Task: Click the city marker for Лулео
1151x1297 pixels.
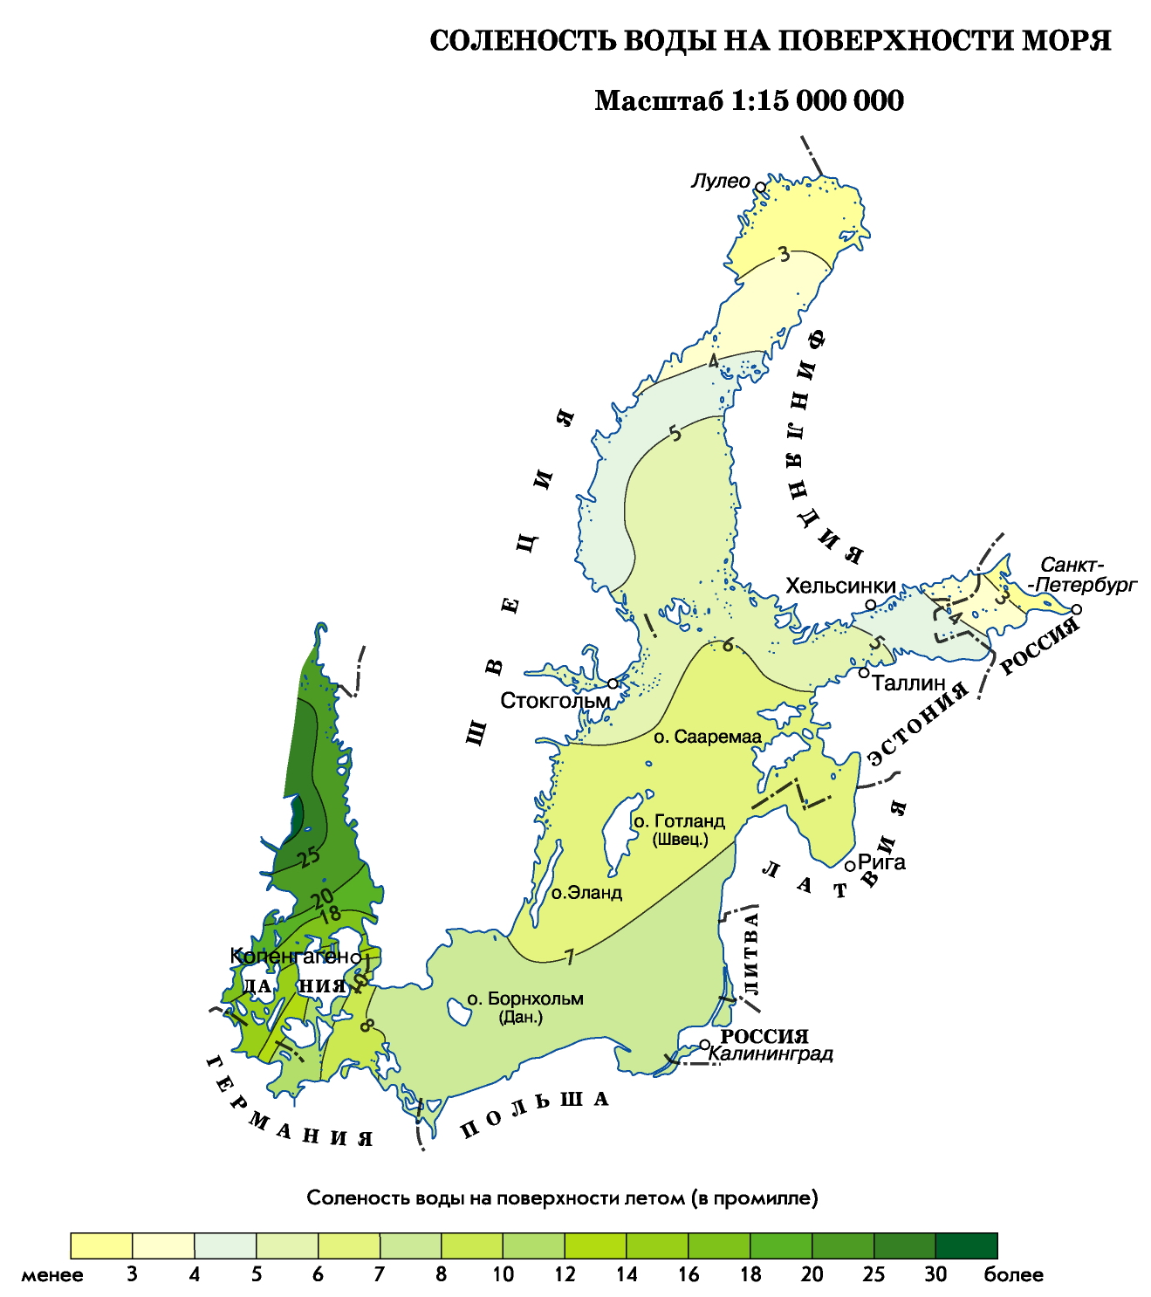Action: coord(760,187)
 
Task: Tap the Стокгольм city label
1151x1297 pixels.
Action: coord(555,701)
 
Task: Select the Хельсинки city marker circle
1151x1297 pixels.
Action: coord(870,605)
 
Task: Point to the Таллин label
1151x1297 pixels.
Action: coord(909,683)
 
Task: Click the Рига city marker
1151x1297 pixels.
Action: coord(850,865)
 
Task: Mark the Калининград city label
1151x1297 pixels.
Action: coord(771,1053)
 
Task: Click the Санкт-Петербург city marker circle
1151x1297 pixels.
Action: coord(1077,609)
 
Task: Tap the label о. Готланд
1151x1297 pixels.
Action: coord(679,821)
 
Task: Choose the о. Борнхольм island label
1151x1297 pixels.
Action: coord(524,998)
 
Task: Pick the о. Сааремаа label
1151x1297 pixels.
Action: coord(708,737)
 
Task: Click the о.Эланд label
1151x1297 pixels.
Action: coord(586,893)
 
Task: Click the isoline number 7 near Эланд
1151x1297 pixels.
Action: coord(569,957)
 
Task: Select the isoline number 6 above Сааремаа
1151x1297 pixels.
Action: coord(728,645)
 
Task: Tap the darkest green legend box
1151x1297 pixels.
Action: coord(966,1246)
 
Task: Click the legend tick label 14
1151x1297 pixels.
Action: coord(627,1274)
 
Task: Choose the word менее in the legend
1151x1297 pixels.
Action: coord(52,1274)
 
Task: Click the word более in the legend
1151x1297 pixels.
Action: coord(1013,1274)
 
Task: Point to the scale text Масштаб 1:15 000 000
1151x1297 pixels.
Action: coord(749,101)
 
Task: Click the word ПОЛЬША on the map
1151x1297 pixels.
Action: coord(534,1114)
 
